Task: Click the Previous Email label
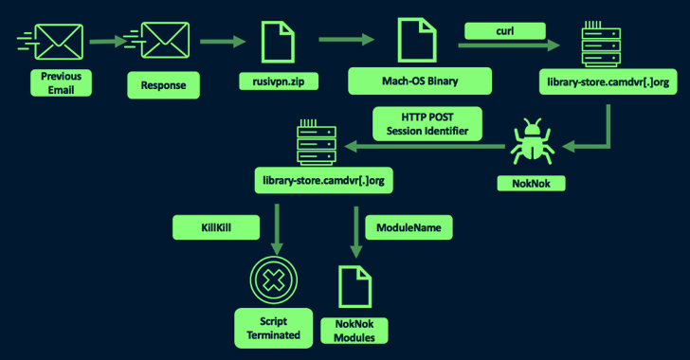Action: [x=62, y=82]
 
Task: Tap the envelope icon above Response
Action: [x=165, y=40]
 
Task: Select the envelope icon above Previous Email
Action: [x=59, y=42]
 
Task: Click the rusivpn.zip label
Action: [x=279, y=81]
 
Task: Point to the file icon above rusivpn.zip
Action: [x=278, y=43]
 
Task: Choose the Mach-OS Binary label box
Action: [x=420, y=81]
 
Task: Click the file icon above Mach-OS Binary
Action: [x=417, y=40]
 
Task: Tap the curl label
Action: [x=505, y=31]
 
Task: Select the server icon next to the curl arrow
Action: [x=601, y=44]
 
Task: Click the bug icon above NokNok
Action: [x=532, y=142]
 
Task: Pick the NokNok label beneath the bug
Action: [x=531, y=183]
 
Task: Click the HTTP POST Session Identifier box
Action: [x=427, y=124]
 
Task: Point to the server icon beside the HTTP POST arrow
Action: [x=317, y=142]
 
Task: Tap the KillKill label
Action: [x=216, y=227]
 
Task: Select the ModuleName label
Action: [x=409, y=227]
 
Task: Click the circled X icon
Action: [x=274, y=279]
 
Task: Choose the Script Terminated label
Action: [x=274, y=328]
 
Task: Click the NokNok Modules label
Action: [x=354, y=331]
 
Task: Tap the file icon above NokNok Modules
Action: [x=355, y=286]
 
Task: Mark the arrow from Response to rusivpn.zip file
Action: [x=223, y=42]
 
